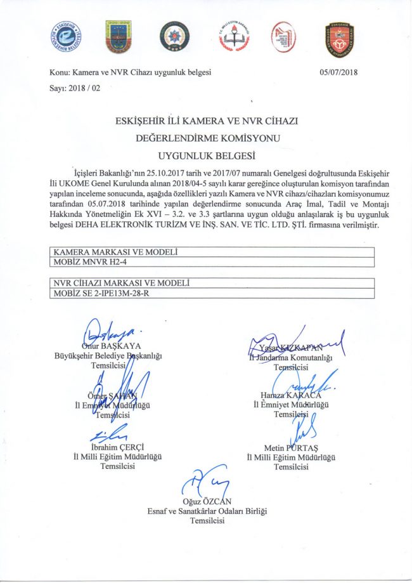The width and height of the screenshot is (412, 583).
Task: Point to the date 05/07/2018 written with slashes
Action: pos(340,72)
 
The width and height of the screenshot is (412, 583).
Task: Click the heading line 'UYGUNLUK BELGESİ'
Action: pos(205,154)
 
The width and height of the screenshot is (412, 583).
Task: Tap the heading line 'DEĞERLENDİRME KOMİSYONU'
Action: pos(206,136)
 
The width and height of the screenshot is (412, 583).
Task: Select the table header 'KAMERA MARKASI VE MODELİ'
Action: pos(115,252)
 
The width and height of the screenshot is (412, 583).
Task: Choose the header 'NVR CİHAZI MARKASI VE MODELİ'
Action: pos(124,282)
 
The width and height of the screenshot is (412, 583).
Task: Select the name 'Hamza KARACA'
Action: pos(291,396)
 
